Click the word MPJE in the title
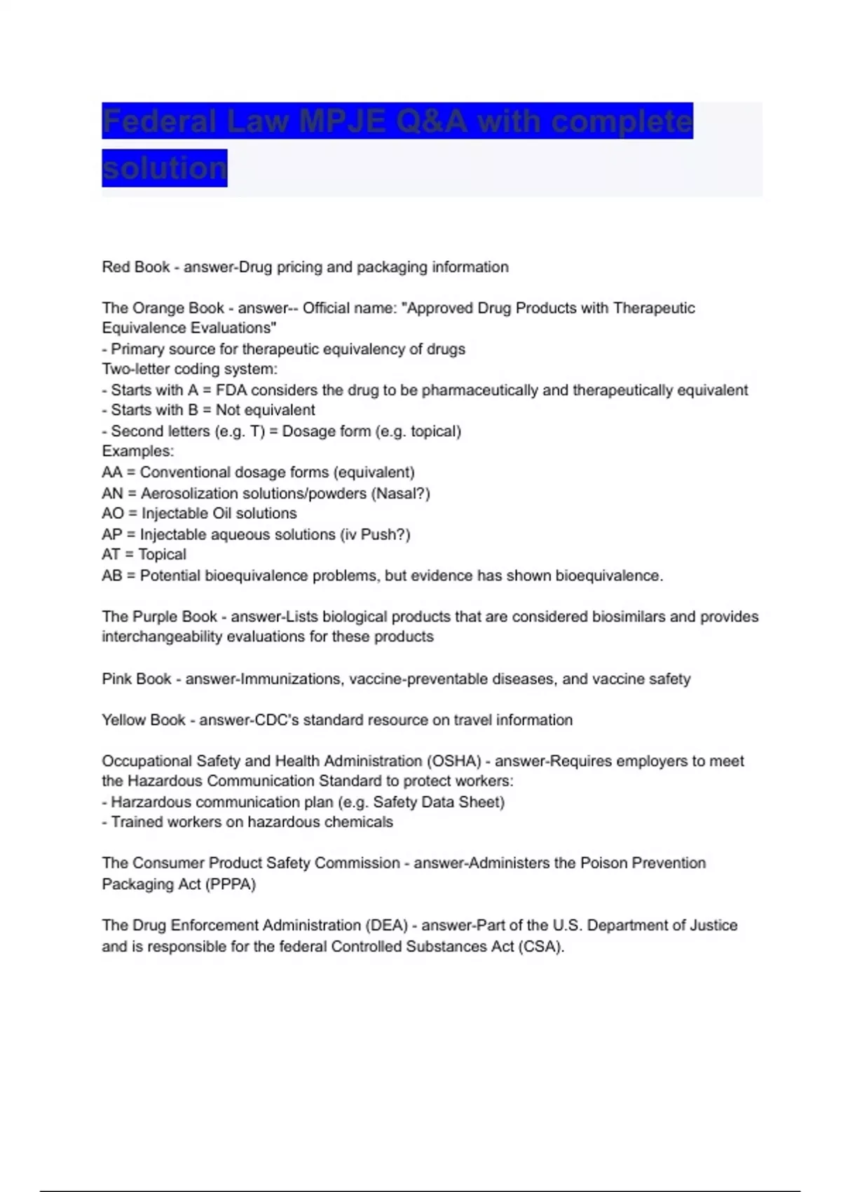coord(342,121)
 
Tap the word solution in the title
coord(165,168)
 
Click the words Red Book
coord(136,267)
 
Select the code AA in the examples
coord(112,473)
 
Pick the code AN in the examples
coord(112,494)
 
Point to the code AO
coord(113,513)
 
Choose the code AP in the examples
coord(112,534)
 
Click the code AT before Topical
coord(111,555)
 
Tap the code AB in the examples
coord(112,576)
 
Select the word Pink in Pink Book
coord(116,679)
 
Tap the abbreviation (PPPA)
coord(231,884)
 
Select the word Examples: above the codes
coord(138,452)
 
